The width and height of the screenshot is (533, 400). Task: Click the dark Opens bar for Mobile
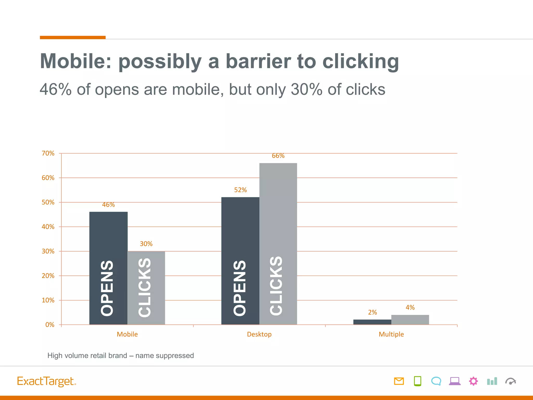[108, 268]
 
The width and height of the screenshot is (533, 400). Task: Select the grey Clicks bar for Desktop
[278, 243]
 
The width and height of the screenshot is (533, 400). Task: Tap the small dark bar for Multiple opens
[372, 322]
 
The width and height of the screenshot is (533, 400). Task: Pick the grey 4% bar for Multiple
[410, 320]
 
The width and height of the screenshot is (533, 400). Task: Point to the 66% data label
[278, 156]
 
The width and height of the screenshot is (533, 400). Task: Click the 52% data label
[240, 190]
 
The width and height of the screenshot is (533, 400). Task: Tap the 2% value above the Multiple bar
[372, 312]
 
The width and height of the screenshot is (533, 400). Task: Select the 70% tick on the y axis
[48, 153]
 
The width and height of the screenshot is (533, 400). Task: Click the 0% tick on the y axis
[50, 325]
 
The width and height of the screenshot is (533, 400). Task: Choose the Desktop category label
[259, 334]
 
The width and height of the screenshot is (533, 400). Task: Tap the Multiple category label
[391, 334]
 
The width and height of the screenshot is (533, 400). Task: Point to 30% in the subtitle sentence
[306, 90]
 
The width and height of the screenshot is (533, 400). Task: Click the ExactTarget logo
[46, 381]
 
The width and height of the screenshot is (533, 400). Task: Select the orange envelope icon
[399, 381]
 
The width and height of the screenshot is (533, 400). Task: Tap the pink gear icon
[473, 381]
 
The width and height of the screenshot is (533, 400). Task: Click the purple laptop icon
[455, 381]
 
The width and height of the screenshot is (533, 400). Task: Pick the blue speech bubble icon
[436, 381]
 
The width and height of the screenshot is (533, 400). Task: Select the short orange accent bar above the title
[73, 37]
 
